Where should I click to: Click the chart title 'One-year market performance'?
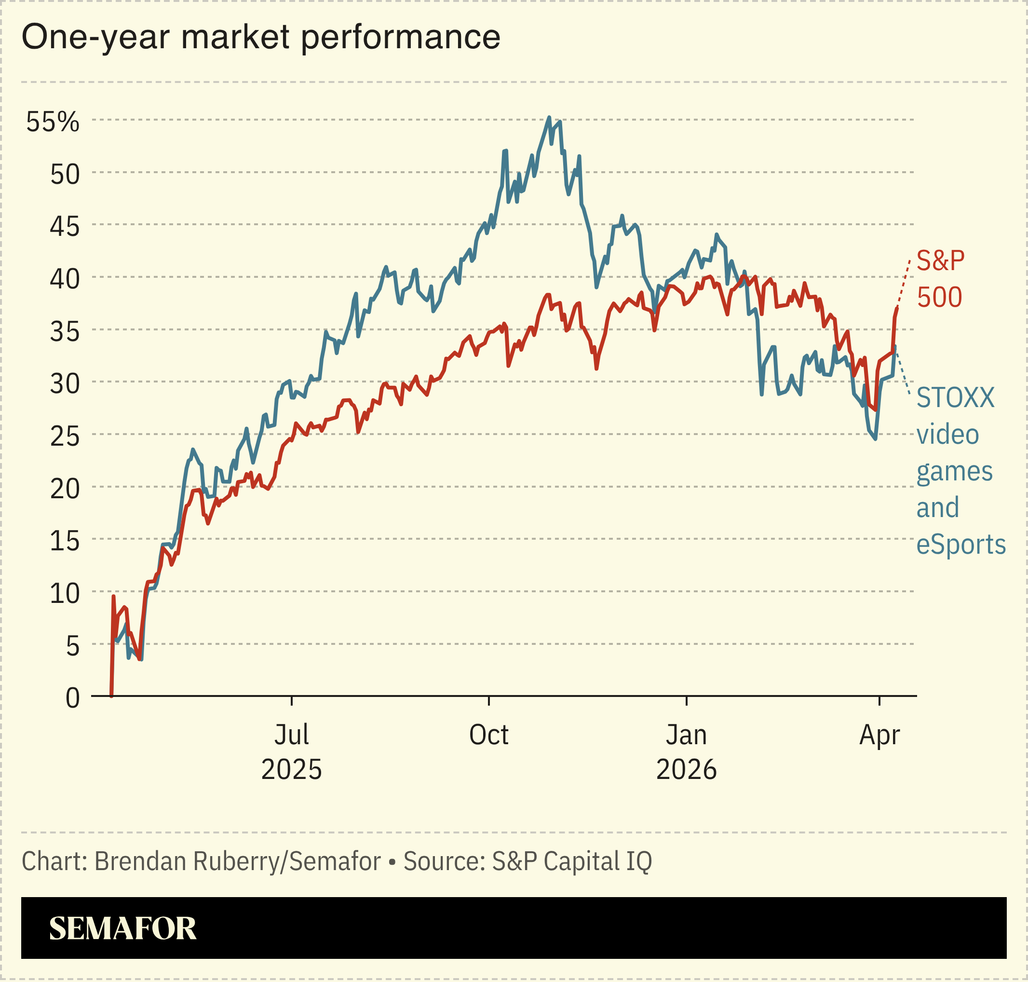261,38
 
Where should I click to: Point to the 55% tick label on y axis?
53,122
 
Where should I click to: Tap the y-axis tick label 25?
65,436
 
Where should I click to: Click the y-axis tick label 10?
65,594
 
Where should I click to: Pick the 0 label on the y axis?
72,698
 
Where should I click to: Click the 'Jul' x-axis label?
292,735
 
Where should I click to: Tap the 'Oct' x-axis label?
488,735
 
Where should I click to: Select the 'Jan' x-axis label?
686,735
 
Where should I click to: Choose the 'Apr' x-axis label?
879,735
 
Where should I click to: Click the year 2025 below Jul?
292,770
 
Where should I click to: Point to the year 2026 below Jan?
686,770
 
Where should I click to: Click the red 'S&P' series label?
941,260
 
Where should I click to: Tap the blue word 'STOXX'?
955,398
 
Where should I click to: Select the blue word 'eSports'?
961,545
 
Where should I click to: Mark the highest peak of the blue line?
549,117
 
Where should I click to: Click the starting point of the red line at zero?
111,696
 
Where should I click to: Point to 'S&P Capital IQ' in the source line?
571,861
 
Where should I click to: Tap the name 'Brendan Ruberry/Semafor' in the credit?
238,861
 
